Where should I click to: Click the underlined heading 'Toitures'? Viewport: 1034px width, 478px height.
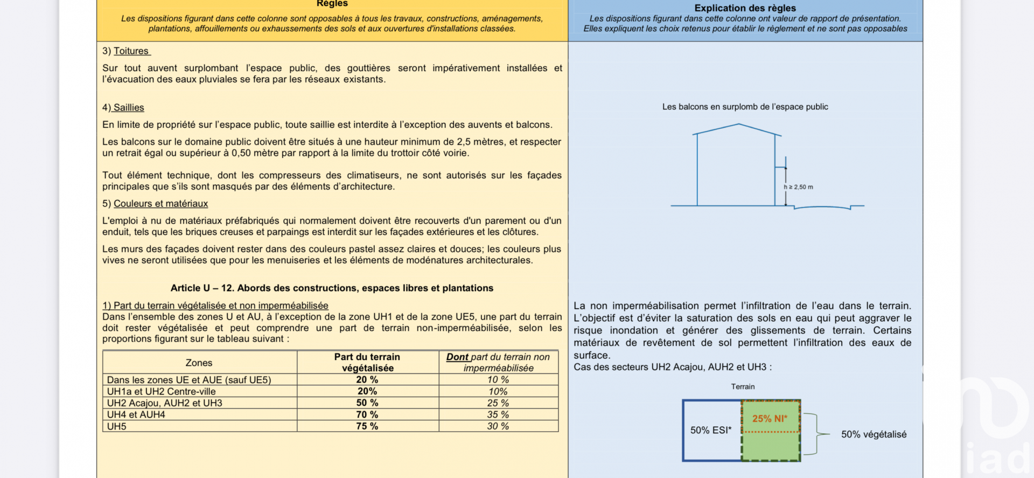pos(131,51)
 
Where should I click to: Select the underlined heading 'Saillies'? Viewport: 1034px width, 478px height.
pos(129,108)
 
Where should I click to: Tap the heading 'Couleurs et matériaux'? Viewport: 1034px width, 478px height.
pos(160,204)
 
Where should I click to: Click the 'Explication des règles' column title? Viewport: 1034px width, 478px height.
pos(745,8)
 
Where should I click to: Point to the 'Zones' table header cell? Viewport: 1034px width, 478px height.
pos(199,363)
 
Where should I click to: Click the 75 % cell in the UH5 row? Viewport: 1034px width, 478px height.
pos(367,426)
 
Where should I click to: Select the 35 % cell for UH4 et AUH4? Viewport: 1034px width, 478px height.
pos(498,414)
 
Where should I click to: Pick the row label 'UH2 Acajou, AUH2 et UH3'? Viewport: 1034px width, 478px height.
pos(164,403)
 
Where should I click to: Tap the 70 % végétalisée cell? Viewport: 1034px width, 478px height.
pos(367,414)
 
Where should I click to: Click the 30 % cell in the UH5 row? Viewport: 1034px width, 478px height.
pos(498,426)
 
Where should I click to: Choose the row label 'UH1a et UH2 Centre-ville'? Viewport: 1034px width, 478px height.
pos(161,391)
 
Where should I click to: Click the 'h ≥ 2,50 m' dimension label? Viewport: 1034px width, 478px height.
pos(799,187)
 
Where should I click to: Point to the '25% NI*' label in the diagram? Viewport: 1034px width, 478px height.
pos(770,419)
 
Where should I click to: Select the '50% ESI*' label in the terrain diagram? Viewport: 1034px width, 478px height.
pos(711,430)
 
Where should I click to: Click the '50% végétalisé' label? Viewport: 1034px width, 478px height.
pos(874,434)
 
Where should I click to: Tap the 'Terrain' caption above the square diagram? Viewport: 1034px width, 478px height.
pos(743,386)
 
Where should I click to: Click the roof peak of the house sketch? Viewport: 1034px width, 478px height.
pos(738,124)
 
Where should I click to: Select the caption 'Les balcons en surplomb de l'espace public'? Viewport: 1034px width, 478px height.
pos(745,107)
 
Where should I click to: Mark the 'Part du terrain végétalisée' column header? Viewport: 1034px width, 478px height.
pos(367,363)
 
